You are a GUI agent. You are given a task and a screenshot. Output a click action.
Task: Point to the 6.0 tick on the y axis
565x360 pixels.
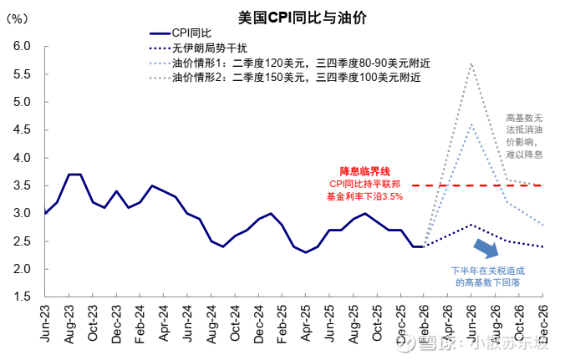click(23, 47)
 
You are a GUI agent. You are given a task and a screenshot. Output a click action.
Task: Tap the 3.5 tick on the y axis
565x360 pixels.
click(23, 185)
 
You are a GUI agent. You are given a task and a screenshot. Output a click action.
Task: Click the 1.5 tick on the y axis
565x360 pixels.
click(23, 297)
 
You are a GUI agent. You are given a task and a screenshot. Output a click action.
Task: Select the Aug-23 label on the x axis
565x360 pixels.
click(69, 322)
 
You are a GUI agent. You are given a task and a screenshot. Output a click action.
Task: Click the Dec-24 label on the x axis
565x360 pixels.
click(259, 322)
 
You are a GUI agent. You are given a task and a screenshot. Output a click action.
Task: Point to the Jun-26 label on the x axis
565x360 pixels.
click(472, 322)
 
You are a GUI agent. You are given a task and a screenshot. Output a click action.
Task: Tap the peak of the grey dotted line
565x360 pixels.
click(472, 63)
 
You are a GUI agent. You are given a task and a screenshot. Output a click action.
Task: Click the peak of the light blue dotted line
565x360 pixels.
click(472, 124)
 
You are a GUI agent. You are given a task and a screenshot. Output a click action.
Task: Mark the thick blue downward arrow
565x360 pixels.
click(486, 247)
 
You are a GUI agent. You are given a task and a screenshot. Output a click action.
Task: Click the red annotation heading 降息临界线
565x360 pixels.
click(364, 170)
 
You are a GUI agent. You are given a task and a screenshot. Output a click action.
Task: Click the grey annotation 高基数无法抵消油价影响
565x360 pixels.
click(524, 136)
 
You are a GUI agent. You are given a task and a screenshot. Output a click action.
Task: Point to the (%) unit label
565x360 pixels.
click(19, 18)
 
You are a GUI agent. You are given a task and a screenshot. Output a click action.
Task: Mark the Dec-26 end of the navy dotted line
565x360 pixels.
click(543, 246)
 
